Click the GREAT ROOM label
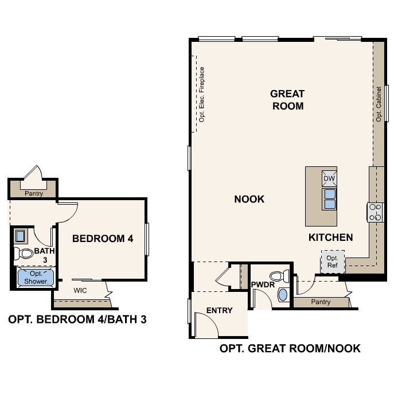(x=287, y=100)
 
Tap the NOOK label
(x=249, y=200)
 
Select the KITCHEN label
(x=330, y=237)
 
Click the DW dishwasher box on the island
(x=329, y=179)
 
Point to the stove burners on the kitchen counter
(x=375, y=212)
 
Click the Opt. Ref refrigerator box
(x=332, y=262)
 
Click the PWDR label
(x=263, y=285)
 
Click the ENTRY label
(x=219, y=311)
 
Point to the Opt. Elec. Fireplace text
(x=202, y=95)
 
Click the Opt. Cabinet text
(x=379, y=104)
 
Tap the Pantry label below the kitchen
(x=321, y=302)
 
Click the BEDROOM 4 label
(x=103, y=239)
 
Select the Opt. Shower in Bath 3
(x=36, y=278)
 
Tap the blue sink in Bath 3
(x=20, y=235)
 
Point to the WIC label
(x=81, y=290)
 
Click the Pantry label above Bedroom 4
(x=33, y=194)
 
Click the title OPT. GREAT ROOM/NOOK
(x=290, y=349)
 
